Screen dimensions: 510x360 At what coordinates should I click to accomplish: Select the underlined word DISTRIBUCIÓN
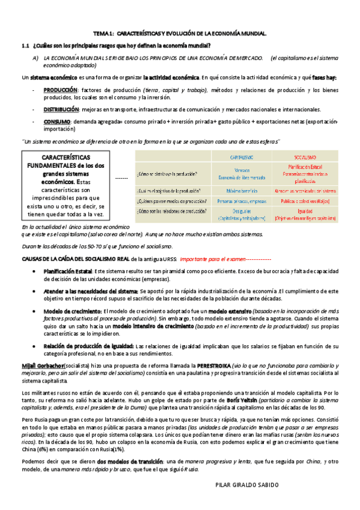tap(61, 109)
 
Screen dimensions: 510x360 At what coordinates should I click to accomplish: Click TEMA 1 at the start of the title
tap(103, 34)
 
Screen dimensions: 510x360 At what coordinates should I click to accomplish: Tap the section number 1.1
tap(26, 46)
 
